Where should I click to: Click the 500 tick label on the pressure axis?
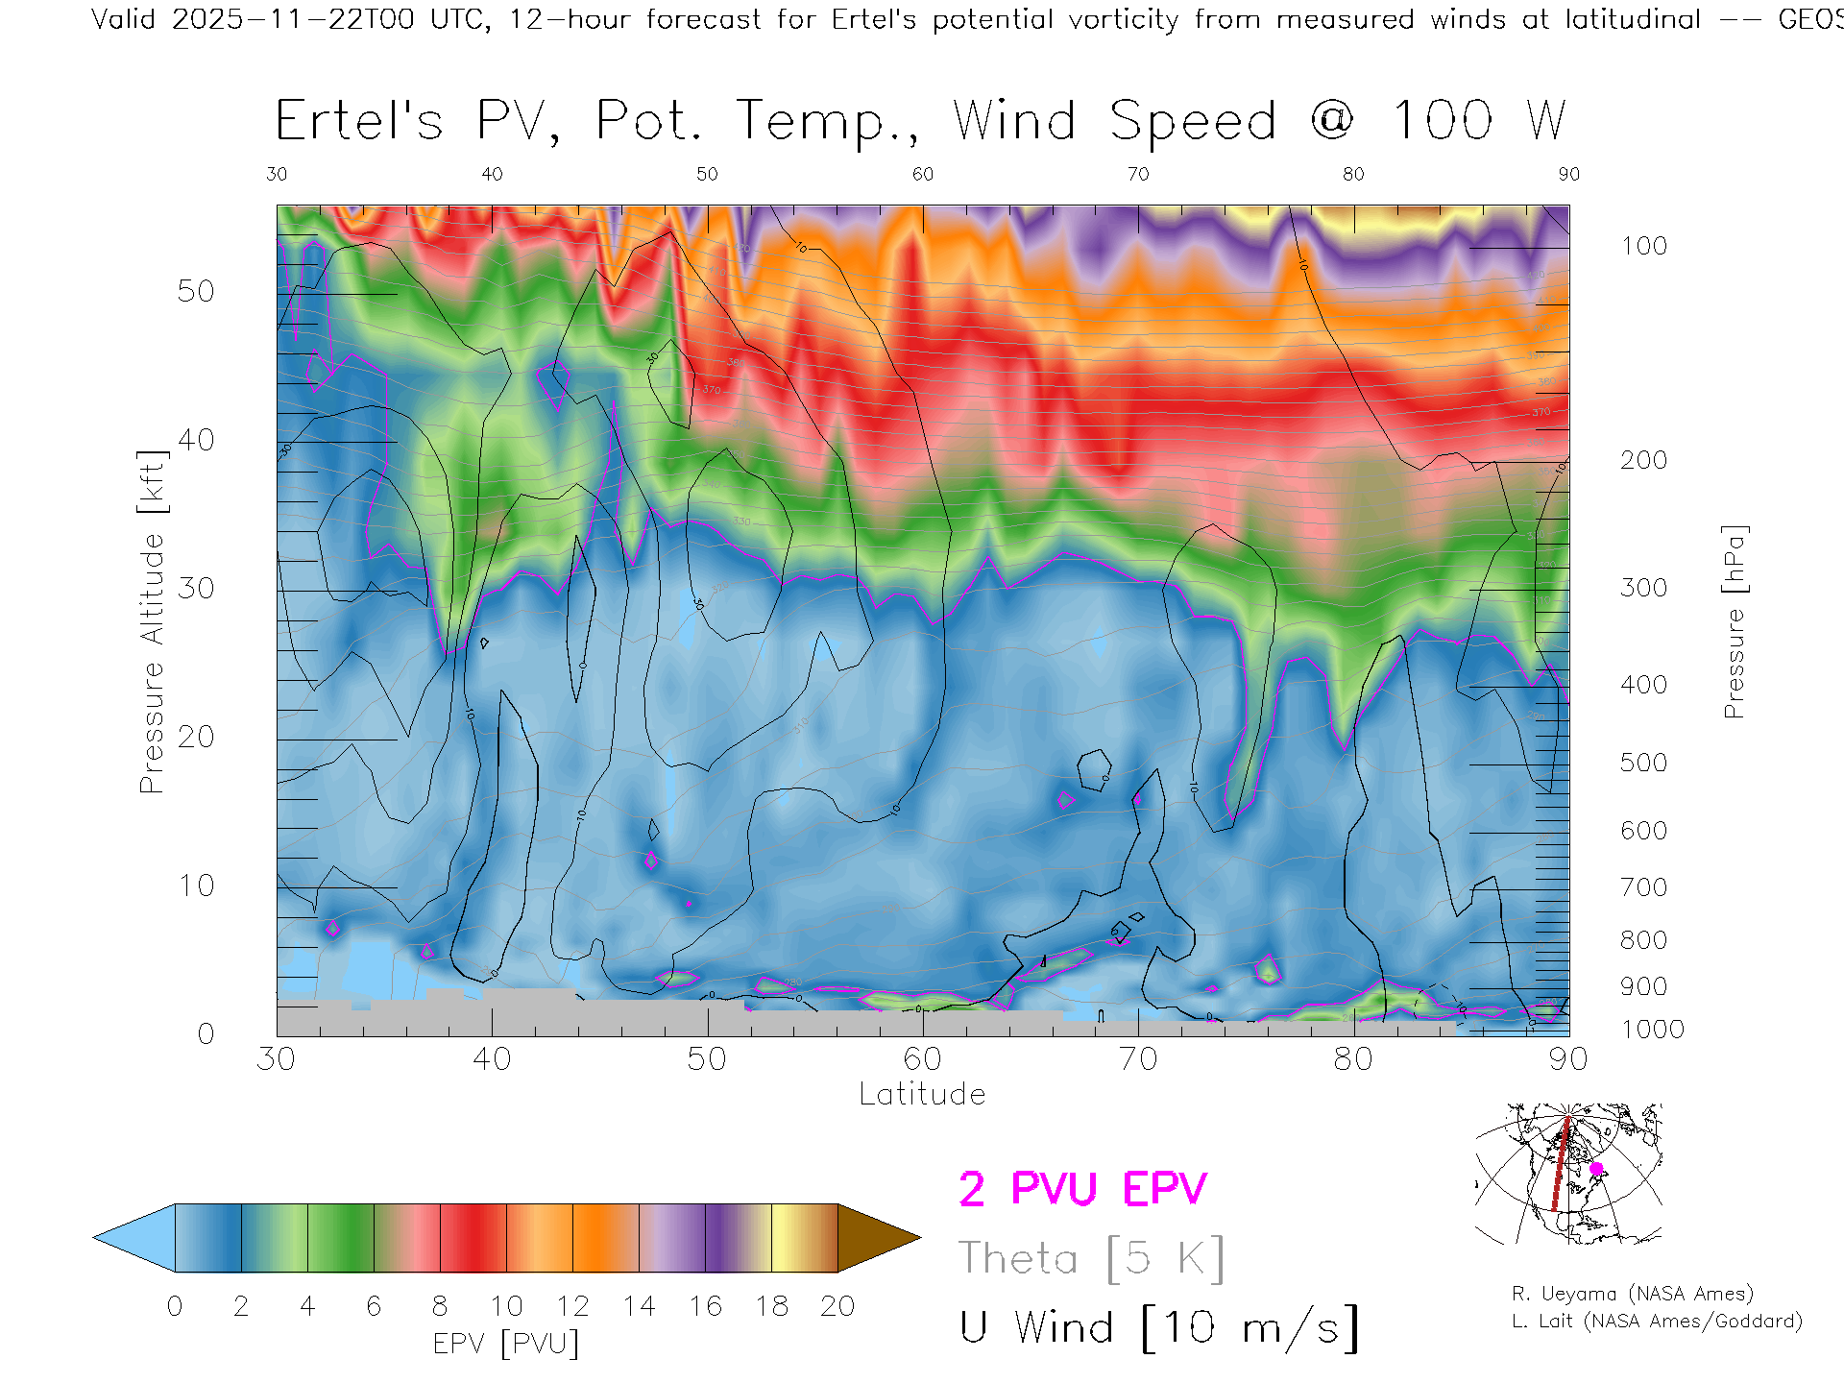click(1643, 764)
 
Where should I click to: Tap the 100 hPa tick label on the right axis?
click(1643, 247)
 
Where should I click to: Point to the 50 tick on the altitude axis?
click(196, 292)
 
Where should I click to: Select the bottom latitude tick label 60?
click(922, 1059)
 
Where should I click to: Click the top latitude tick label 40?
click(492, 175)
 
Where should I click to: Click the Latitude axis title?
click(922, 1095)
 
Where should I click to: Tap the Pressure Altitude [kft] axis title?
click(153, 621)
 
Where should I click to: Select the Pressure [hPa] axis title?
click(1734, 621)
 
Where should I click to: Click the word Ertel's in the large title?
click(359, 122)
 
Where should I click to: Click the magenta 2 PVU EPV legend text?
click(1082, 1189)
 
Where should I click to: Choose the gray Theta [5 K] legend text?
click(1091, 1258)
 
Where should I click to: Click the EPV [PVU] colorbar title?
click(506, 1344)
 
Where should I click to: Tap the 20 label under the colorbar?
click(837, 1306)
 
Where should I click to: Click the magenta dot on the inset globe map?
click(1596, 1169)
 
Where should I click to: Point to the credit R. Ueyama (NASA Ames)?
click(1633, 1294)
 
